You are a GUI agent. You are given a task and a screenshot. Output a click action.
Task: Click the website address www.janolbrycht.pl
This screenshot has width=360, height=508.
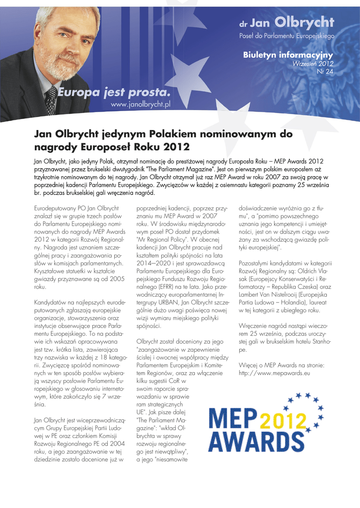coord(141,105)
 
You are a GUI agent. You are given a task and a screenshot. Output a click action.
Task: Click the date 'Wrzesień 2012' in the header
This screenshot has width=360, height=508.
coord(313,64)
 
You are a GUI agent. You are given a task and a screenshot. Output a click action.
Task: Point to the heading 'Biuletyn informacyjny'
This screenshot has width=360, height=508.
coord(288,55)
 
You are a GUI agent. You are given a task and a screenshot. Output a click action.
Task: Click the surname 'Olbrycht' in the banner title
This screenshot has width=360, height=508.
coord(304,22)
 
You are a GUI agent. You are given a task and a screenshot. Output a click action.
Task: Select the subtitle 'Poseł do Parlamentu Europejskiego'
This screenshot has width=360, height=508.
coord(287,36)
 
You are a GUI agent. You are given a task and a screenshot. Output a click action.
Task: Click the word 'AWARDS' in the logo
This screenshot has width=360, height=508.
coord(249,441)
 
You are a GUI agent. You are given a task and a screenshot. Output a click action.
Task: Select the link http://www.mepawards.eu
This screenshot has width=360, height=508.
coord(275,372)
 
